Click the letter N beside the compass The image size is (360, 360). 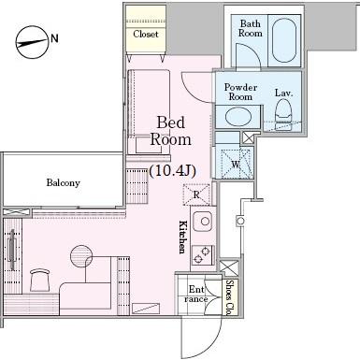(x=54, y=38)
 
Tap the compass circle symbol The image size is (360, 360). (x=32, y=42)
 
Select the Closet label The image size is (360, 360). (x=146, y=34)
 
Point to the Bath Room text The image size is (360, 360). (x=251, y=28)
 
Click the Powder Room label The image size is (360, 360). (x=240, y=92)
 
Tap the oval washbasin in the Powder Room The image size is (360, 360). (x=238, y=117)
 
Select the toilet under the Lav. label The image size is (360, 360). (x=283, y=113)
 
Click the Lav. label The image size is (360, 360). (x=283, y=93)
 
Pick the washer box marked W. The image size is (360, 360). (x=236, y=164)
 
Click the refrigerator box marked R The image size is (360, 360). (x=196, y=194)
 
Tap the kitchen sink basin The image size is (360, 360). (x=203, y=221)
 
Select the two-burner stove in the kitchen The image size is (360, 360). (x=203, y=254)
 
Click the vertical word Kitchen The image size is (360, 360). (x=182, y=237)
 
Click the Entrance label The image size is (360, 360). (x=196, y=294)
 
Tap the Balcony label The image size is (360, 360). (x=64, y=182)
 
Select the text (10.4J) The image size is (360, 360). (x=172, y=170)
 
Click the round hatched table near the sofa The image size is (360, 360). (x=81, y=255)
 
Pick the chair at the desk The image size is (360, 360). (x=40, y=280)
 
